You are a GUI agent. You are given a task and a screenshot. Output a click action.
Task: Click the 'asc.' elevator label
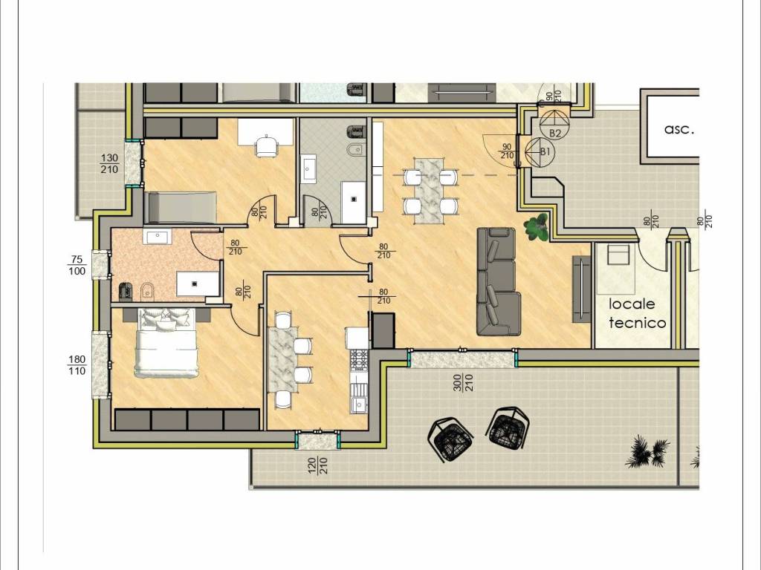(x=679, y=129)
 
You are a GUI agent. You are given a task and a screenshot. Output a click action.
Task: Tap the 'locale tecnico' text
(x=637, y=313)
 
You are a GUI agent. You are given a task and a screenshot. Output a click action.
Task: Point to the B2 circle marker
(x=553, y=125)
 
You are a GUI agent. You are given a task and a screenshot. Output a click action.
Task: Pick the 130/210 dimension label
(x=109, y=163)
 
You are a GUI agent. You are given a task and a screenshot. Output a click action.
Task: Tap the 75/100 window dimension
(x=77, y=266)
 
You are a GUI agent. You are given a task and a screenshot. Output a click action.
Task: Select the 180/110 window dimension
(x=77, y=365)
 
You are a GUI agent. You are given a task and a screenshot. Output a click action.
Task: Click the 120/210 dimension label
(x=318, y=465)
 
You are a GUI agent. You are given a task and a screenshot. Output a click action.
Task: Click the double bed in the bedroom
(x=166, y=343)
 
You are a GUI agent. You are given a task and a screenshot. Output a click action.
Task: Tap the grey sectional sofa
(x=498, y=281)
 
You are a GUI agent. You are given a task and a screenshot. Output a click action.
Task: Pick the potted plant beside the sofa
(x=537, y=226)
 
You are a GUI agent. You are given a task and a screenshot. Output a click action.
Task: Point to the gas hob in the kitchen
(x=359, y=360)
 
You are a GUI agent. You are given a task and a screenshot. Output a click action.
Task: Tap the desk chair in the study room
(x=267, y=146)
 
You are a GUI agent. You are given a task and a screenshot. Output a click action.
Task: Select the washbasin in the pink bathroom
(x=156, y=237)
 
